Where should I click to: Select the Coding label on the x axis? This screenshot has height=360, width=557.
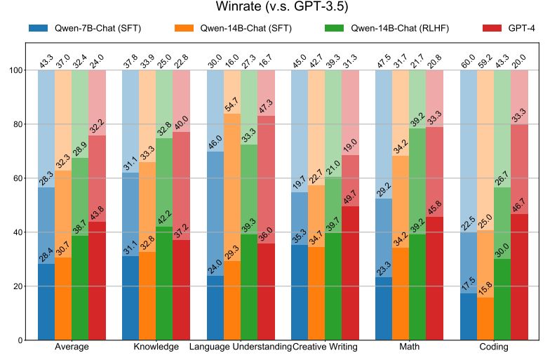pyautogui.click(x=494, y=347)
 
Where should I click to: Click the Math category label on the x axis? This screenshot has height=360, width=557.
pyautogui.click(x=409, y=347)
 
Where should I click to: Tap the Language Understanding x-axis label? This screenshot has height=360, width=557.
pyautogui.click(x=240, y=347)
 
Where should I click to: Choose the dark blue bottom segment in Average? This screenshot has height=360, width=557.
pyautogui.click(x=46, y=302)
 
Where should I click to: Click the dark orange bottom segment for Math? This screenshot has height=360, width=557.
pyautogui.click(x=401, y=294)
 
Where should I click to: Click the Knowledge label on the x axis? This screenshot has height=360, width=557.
pyautogui.click(x=156, y=347)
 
